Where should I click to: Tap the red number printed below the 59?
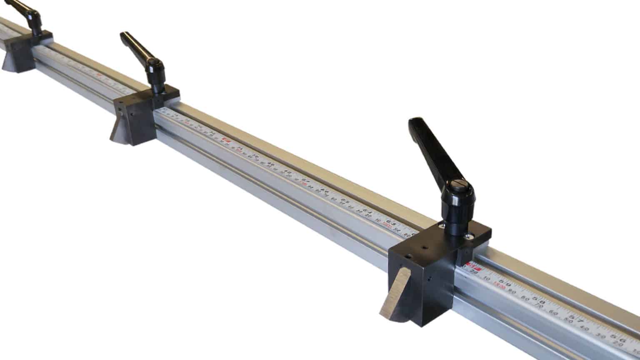tap(499, 287)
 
